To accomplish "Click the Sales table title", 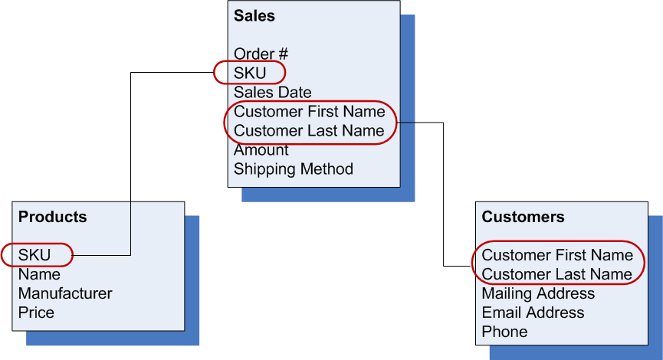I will [x=254, y=16].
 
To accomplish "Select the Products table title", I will [x=52, y=217].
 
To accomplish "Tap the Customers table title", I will [x=523, y=217].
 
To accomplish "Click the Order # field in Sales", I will [x=261, y=54].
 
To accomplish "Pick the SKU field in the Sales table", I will [x=250, y=73].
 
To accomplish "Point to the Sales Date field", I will [x=273, y=92].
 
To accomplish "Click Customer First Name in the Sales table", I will [x=310, y=111].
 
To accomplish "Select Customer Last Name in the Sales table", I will [x=309, y=130].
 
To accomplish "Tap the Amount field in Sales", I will [x=261, y=149].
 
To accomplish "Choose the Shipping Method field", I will [x=294, y=169].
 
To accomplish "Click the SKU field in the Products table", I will [x=34, y=255].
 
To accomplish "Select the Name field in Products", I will [x=39, y=274].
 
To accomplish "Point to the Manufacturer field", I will [x=65, y=293].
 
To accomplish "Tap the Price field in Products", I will [x=36, y=313].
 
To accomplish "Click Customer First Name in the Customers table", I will [x=557, y=255].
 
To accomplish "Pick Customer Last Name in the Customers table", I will [x=556, y=274].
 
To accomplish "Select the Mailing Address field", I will [x=538, y=293].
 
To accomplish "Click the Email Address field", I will [x=533, y=313].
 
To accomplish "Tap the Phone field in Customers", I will [x=504, y=332].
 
